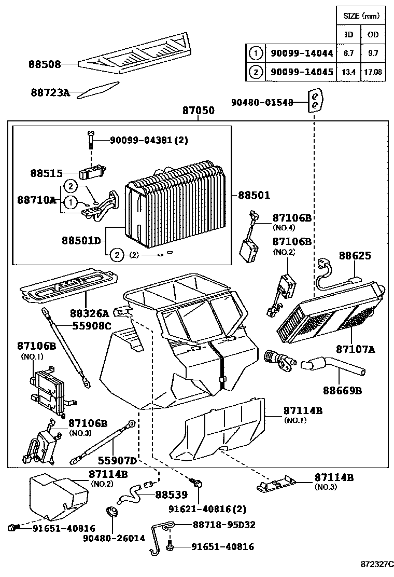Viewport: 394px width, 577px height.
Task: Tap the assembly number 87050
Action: [x=198, y=111]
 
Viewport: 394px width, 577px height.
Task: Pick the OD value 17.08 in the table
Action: [x=373, y=72]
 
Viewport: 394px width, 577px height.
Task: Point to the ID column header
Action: [x=349, y=35]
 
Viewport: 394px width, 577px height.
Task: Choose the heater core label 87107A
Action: [x=355, y=349]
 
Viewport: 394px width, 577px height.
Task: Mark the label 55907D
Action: [x=118, y=460]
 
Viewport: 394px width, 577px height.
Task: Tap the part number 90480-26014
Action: [x=114, y=538]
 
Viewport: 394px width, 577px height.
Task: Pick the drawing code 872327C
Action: [x=377, y=564]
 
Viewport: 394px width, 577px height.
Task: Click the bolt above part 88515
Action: [x=91, y=137]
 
